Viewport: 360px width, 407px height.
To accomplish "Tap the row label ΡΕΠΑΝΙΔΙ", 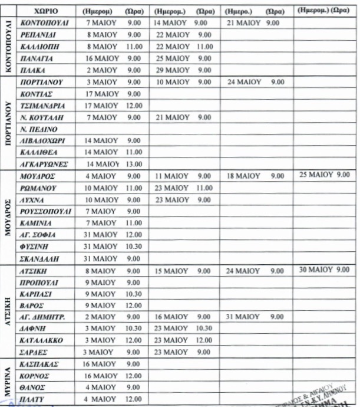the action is click(38, 35).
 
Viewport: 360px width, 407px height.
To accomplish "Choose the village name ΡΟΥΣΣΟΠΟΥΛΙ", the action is click(45, 211).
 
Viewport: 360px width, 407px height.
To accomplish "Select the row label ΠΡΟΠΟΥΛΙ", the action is click(40, 282).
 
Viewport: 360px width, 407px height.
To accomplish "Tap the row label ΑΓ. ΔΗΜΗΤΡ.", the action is click(43, 317).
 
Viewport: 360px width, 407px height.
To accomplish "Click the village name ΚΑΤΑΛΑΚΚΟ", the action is click(43, 340).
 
